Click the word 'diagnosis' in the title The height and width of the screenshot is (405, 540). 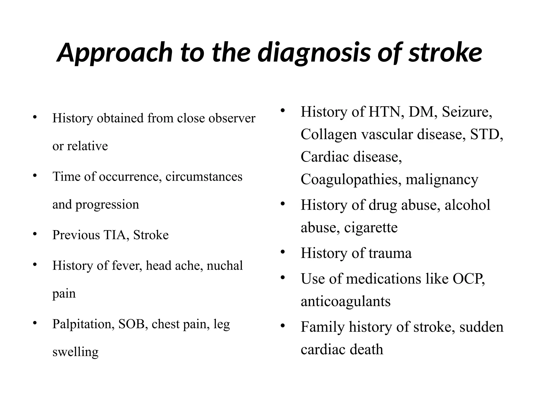[x=314, y=53]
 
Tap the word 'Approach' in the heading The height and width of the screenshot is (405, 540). [x=114, y=53]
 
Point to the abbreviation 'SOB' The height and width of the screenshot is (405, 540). [x=131, y=324]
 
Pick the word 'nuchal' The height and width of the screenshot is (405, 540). [x=225, y=265]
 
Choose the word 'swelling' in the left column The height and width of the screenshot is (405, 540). [x=75, y=352]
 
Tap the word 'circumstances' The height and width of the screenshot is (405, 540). [x=204, y=176]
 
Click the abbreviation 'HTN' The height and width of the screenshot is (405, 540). [x=387, y=112]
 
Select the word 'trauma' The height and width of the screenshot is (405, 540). [x=390, y=253]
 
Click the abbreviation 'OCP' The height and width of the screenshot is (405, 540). [x=468, y=278]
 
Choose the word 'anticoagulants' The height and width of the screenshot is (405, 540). [x=345, y=302]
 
